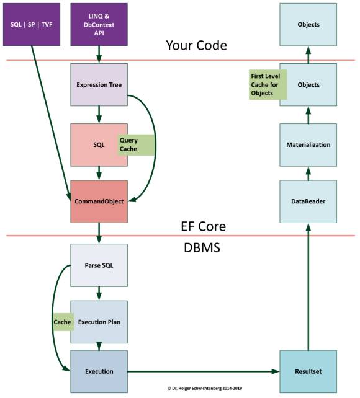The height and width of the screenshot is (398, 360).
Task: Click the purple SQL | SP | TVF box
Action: pyautogui.click(x=32, y=25)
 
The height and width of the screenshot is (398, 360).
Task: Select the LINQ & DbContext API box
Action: pyautogui.click(x=99, y=25)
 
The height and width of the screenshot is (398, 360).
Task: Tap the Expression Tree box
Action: pyautogui.click(x=99, y=85)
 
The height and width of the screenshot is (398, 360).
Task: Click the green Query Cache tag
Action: pyautogui.click(x=136, y=145)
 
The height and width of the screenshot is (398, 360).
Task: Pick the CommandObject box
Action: pyautogui.click(x=99, y=201)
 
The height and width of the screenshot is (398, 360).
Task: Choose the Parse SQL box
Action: pyautogui.click(x=99, y=265)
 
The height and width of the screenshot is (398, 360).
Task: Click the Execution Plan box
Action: pyautogui.click(x=99, y=322)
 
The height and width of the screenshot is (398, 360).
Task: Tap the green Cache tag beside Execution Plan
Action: pyautogui.click(x=63, y=322)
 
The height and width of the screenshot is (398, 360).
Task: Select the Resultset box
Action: pyautogui.click(x=308, y=371)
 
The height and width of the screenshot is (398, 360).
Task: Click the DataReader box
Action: pyautogui.click(x=308, y=201)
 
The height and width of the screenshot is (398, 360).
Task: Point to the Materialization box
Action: pyautogui.click(x=308, y=145)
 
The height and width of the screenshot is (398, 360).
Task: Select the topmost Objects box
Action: pyautogui.click(x=308, y=25)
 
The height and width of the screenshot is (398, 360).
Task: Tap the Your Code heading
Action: pyautogui.click(x=196, y=46)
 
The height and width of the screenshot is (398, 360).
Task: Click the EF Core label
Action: pyautogui.click(x=203, y=226)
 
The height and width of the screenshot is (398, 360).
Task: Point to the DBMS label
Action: pyautogui.click(x=202, y=247)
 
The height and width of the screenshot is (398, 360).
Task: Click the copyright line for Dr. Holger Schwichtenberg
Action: pyautogui.click(x=205, y=388)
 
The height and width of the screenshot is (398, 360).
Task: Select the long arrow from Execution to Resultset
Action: pyautogui.click(x=203, y=371)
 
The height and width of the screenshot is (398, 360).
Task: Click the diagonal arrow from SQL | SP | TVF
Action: pyautogui.click(x=51, y=123)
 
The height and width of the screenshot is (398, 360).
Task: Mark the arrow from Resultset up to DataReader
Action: pyautogui.click(x=308, y=287)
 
